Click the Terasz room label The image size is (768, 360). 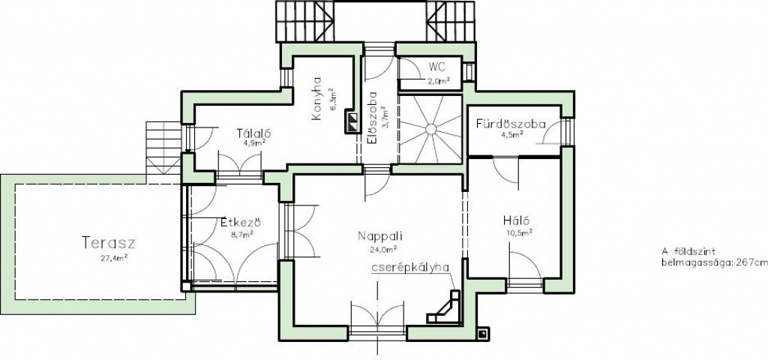pos(108,243)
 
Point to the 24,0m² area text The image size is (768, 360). pos(383,250)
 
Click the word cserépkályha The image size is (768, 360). pos(410,268)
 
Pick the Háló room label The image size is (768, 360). pos(517,220)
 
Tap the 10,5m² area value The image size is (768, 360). pos(520,233)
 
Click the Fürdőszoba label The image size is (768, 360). pos(510,124)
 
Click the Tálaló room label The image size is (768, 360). pos(253,133)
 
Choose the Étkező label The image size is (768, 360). pos(240,223)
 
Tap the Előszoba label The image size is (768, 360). pos(372,118)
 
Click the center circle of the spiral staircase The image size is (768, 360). pos(430,129)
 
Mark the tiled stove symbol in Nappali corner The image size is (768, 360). pos(445,307)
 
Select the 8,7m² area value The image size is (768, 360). pos(242,235)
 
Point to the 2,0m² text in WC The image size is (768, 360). pos(439,81)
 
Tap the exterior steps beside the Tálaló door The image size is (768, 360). pos(163,148)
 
